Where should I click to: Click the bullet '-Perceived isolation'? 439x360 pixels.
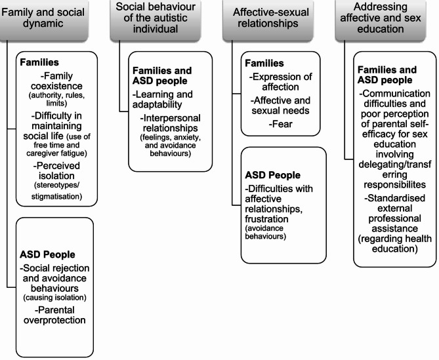(58, 169)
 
